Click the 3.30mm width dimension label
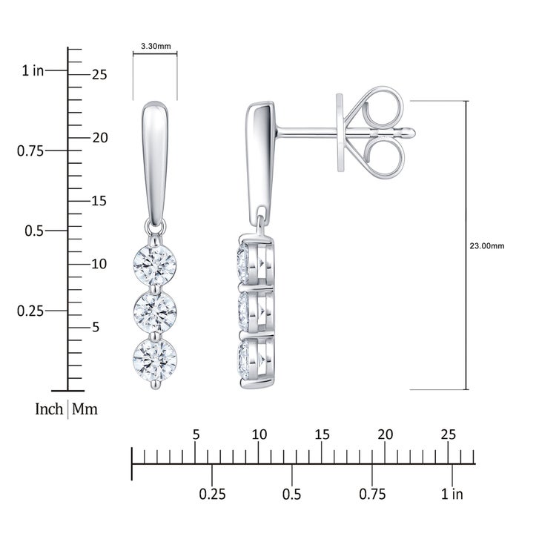coord(156,46)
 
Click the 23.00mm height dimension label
coord(487,246)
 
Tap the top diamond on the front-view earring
coord(155,265)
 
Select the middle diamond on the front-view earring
coord(155,311)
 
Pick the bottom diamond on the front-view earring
coord(155,360)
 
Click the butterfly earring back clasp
coord(371,133)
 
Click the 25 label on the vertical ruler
coord(99,75)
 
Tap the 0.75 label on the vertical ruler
coord(30,151)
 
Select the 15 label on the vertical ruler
coord(99,201)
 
